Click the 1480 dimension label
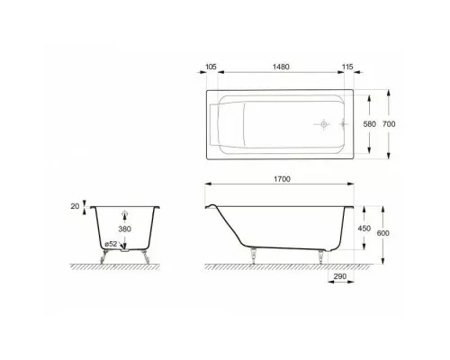281,67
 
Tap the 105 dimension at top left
211,67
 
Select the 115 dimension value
347,67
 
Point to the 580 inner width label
370,124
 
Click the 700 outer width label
389,124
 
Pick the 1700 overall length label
282,179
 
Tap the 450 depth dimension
364,229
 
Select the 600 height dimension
383,233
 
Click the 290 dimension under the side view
340,276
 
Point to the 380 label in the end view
124,229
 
